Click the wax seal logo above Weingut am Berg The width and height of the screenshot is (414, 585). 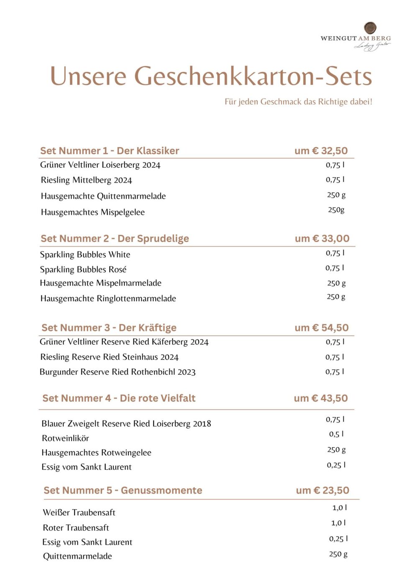(x=370, y=28)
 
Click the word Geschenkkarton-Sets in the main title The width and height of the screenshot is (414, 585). (x=253, y=76)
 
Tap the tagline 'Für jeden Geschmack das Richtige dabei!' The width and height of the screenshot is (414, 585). (x=298, y=102)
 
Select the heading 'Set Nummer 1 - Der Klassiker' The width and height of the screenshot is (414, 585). (x=110, y=151)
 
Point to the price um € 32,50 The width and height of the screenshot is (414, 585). (x=321, y=151)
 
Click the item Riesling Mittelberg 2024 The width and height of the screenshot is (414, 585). (x=86, y=180)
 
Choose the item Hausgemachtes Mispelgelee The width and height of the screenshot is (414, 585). (x=93, y=212)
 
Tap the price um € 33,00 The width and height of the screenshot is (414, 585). (x=322, y=239)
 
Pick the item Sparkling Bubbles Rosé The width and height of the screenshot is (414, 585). (x=83, y=270)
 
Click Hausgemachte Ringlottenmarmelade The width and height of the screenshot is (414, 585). (x=108, y=298)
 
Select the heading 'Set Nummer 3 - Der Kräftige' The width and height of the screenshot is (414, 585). (x=109, y=328)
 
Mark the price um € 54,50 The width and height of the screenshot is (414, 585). (x=322, y=328)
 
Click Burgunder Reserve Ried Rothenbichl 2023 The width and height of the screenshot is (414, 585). (x=118, y=372)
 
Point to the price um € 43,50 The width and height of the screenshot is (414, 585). (x=321, y=398)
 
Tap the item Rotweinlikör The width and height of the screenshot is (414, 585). (x=65, y=438)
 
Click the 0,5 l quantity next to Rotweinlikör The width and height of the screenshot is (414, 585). (x=336, y=434)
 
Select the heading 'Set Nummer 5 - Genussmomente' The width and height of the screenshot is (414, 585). (x=123, y=490)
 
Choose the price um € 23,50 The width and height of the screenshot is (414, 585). (x=322, y=490)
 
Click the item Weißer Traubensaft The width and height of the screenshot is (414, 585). (x=79, y=512)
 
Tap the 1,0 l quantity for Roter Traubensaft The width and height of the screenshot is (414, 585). (x=338, y=523)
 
